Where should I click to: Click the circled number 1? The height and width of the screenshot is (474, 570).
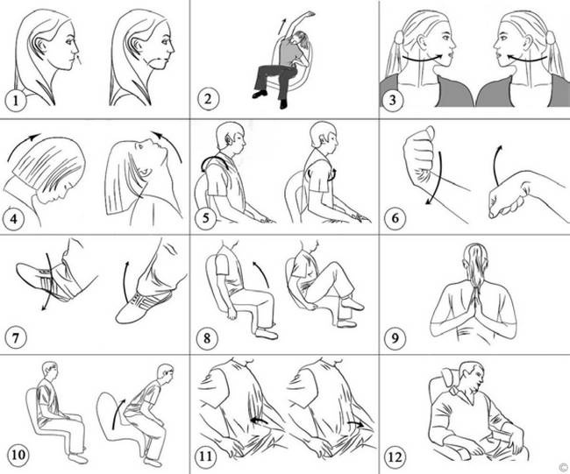[16, 100]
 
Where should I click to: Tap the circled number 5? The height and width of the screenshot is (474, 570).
[206, 219]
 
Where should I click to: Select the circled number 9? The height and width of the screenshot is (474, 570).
[395, 338]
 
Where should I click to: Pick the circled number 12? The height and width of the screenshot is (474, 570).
[395, 456]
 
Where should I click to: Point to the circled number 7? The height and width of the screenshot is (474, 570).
[16, 338]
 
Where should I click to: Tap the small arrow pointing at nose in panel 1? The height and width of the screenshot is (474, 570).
[79, 60]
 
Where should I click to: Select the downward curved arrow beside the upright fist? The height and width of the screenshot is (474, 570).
[438, 178]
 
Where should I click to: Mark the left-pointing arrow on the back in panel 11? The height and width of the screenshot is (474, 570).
[260, 421]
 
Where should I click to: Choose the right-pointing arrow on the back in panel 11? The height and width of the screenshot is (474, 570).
[356, 423]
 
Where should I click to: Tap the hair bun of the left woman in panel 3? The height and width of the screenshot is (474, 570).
[399, 37]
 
